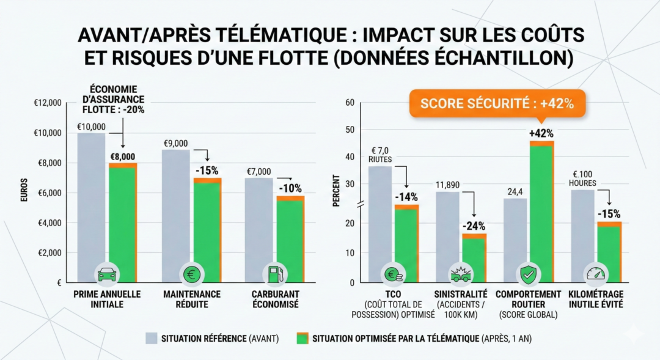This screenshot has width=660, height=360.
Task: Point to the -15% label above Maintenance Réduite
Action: (x=207, y=170)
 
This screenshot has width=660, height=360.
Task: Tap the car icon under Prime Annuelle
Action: (x=107, y=274)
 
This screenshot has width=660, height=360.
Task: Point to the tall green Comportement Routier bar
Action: (x=541, y=208)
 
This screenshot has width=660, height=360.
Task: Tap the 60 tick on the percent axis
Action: (x=350, y=103)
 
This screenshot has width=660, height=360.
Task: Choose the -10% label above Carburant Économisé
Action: (x=290, y=188)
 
